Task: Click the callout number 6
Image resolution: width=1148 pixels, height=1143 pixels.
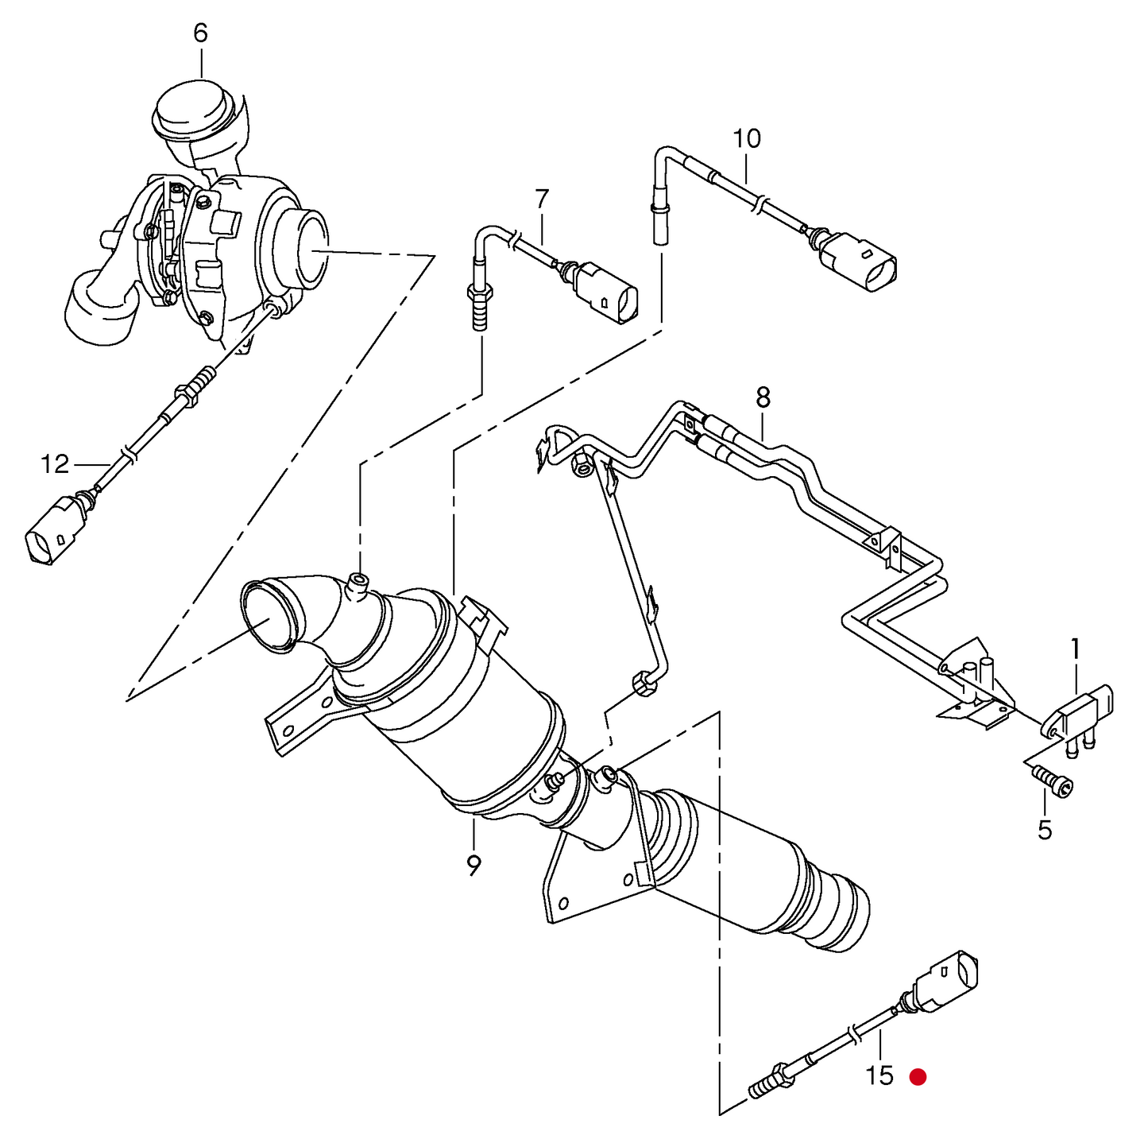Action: coord(200,33)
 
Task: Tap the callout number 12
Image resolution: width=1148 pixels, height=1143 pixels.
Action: coord(55,464)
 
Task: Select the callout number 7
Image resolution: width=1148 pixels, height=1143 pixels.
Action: coord(542,199)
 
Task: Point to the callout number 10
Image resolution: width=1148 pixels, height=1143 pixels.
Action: coord(746,139)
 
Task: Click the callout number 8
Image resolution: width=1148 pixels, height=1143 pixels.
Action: coord(763,397)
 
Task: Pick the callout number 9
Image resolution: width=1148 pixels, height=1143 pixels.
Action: coord(474,865)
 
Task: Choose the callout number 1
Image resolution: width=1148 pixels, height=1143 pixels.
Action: coord(1075,649)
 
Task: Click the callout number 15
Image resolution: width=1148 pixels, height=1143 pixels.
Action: coord(879,1075)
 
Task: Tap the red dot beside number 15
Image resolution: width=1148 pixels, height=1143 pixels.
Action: coord(918,1077)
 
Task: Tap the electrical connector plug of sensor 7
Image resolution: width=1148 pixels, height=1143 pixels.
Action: coord(608,294)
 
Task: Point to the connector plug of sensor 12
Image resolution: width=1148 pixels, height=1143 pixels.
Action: coord(52,531)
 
